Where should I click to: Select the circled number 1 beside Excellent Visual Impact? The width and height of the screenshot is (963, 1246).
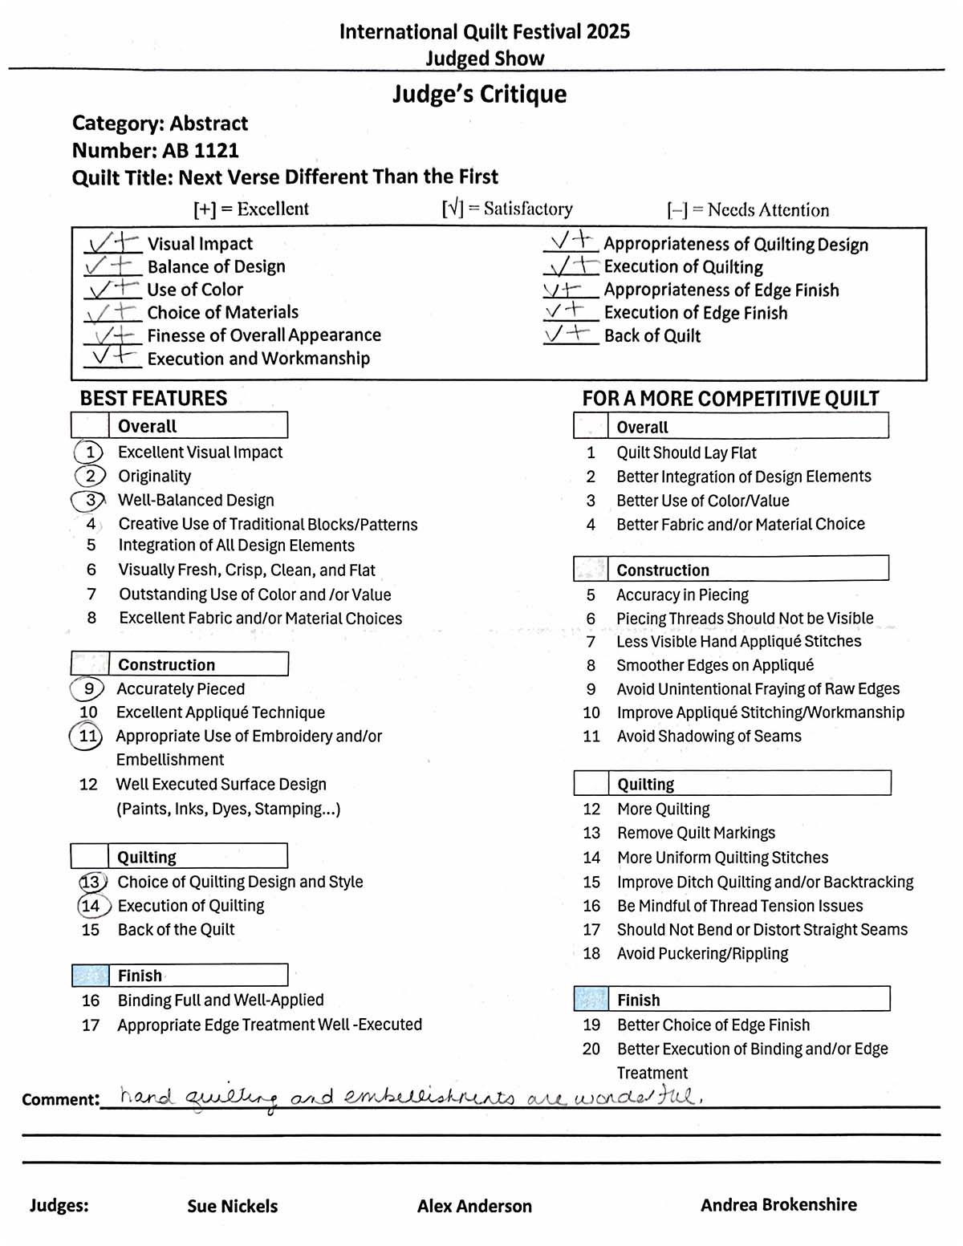click(90, 453)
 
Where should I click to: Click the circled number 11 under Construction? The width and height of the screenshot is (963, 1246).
click(87, 737)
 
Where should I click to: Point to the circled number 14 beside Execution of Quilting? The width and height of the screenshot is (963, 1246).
click(92, 906)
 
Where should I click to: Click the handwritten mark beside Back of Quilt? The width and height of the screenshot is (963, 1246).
click(567, 334)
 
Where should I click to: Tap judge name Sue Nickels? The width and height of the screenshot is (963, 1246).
click(232, 1206)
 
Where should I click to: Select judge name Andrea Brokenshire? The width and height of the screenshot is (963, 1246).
click(778, 1204)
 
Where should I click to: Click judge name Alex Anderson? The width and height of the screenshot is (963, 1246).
click(474, 1206)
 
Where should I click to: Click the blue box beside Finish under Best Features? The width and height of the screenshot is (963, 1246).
click(90, 976)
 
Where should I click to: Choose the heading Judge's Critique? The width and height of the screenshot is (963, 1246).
click(479, 95)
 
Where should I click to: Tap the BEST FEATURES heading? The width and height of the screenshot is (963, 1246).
click(153, 399)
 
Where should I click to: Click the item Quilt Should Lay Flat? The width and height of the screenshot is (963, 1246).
click(686, 453)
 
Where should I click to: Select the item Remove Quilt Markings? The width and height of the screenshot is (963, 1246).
click(696, 833)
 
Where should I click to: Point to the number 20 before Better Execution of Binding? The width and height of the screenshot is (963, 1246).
click(591, 1049)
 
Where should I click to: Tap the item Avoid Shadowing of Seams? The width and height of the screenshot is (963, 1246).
click(709, 736)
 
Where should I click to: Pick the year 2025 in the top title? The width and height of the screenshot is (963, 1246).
click(607, 32)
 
